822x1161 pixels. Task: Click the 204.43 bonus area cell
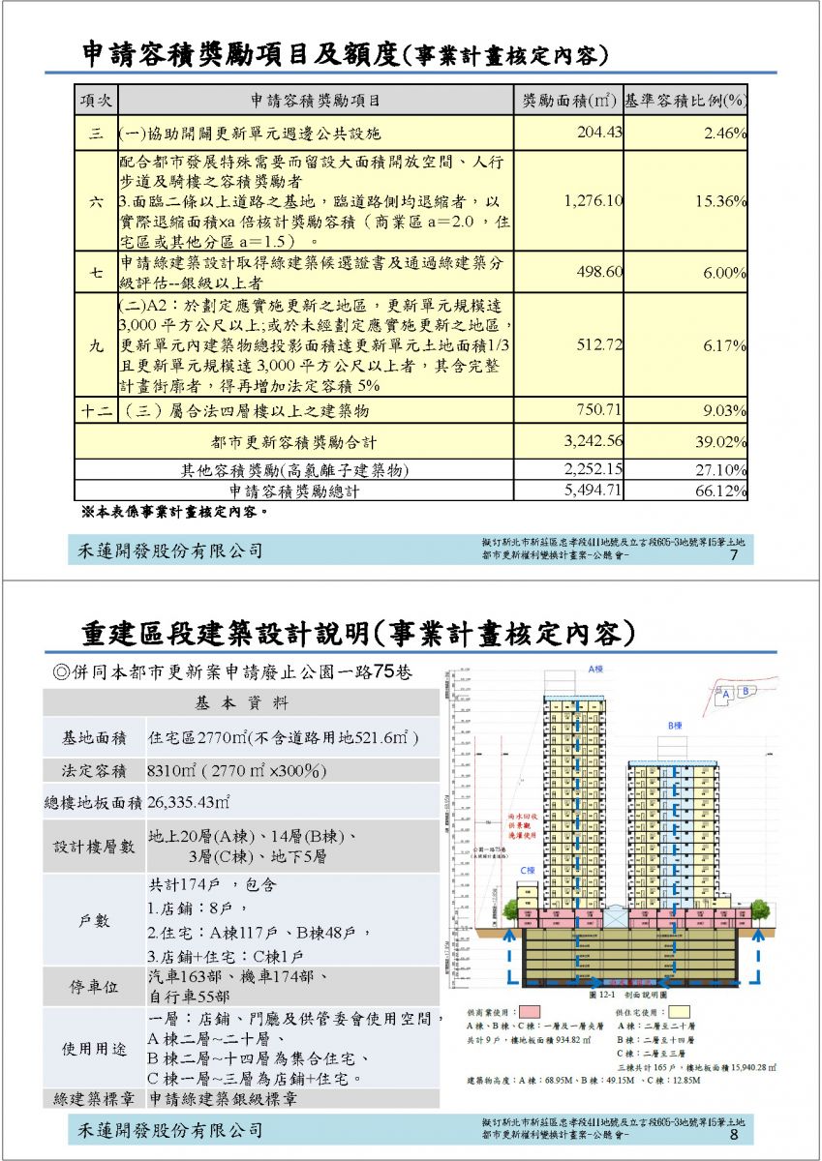(x=599, y=133)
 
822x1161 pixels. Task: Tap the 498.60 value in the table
(x=600, y=273)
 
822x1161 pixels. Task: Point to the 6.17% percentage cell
(x=724, y=345)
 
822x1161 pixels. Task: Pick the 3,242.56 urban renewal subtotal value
(x=594, y=442)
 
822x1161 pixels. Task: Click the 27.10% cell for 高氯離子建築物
(x=721, y=470)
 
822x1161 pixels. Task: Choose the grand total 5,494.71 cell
(x=594, y=491)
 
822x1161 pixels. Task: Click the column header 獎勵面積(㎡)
(x=568, y=101)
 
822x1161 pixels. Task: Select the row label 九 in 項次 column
(x=97, y=345)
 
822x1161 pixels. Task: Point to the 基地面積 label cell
(x=94, y=738)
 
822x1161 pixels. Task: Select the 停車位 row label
(x=94, y=987)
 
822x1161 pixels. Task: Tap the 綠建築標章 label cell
(x=94, y=1099)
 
